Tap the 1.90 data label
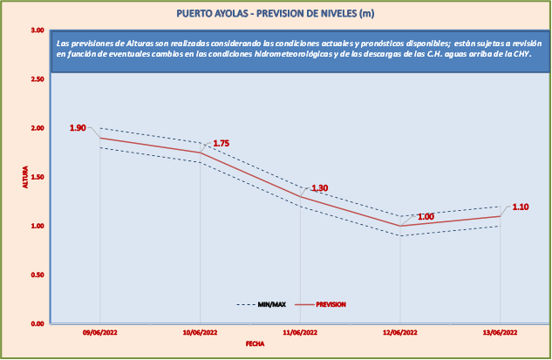point(78,128)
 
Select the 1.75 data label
point(221,143)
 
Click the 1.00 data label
point(426,217)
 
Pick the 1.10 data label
point(521,207)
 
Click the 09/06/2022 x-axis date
point(100,333)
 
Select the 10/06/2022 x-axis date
point(201,333)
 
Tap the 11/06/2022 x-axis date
point(300,333)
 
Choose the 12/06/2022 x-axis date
point(400,333)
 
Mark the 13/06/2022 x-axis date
point(500,333)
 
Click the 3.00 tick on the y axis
point(37,31)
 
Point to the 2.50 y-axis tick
point(37,79)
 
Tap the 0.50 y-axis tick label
point(37,275)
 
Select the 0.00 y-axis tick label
point(37,323)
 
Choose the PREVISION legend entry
point(331,304)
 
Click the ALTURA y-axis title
point(25,177)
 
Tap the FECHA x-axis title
point(255,344)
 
